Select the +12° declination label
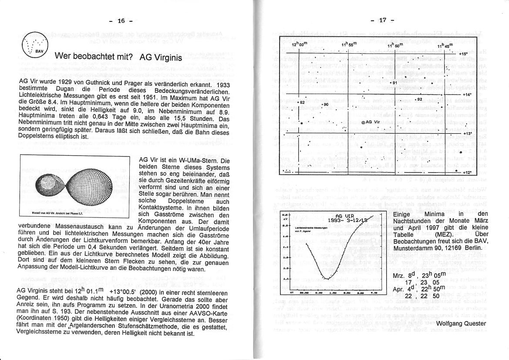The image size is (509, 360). coord(467,173)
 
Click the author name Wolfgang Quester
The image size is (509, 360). coord(461,323)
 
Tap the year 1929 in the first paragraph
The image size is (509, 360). coord(63,84)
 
